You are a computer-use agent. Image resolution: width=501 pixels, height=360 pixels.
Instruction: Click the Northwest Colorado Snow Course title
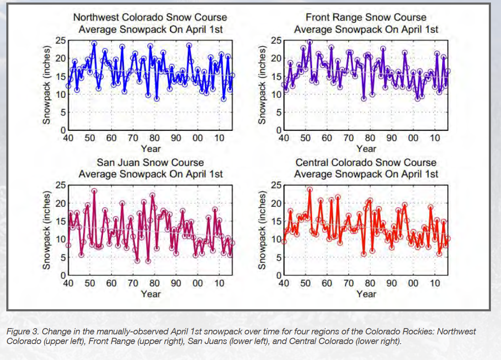click(150, 18)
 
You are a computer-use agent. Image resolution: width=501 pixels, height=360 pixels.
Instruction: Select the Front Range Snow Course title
click(366, 18)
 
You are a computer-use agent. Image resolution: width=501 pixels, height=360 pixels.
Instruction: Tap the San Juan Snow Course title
click(150, 162)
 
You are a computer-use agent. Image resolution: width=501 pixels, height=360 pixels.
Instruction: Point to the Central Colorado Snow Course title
click(366, 162)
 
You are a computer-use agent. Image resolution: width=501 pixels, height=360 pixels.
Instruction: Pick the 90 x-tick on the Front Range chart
click(391, 138)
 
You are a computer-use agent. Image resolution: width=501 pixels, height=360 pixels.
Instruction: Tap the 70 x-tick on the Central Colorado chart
click(348, 283)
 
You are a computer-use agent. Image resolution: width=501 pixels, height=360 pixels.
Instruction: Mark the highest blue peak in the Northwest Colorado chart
click(94, 44)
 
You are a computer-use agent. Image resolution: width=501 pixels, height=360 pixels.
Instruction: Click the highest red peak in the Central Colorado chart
click(310, 189)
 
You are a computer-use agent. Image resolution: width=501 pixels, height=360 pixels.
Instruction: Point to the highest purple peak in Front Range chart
click(310, 42)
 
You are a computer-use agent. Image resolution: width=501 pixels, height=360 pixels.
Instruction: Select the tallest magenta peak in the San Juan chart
click(94, 191)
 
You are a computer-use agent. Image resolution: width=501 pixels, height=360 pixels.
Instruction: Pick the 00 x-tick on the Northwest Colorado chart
click(197, 138)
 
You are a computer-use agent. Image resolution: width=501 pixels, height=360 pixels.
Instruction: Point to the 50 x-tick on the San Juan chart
click(89, 283)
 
